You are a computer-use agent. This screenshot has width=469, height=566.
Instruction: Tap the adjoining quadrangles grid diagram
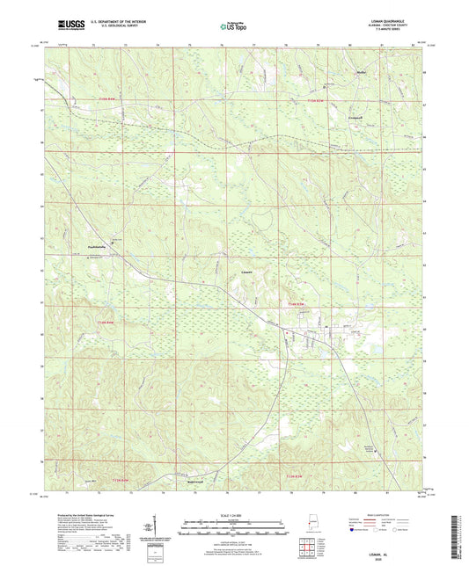point(305,545)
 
